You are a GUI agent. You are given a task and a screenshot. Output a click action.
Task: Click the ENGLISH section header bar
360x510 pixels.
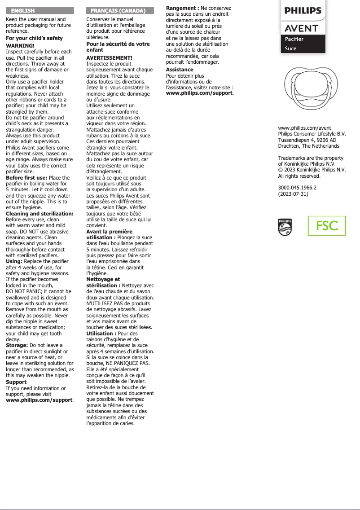point(39,10)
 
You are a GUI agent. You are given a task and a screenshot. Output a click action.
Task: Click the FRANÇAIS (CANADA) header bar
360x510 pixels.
point(119,10)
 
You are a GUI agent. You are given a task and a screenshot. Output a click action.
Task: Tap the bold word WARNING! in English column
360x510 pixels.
point(20,46)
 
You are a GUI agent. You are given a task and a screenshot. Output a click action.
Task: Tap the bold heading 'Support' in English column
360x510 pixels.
point(16,382)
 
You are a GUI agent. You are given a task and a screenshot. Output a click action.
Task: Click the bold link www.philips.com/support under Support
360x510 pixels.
point(39,400)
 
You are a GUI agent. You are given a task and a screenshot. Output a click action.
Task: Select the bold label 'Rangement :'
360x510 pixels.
point(183,9)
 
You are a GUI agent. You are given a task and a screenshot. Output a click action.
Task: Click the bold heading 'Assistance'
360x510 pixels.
point(180,70)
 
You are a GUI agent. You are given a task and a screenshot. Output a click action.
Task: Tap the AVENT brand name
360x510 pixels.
point(302,29)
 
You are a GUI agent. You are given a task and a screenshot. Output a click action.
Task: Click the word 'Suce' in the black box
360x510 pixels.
point(291,48)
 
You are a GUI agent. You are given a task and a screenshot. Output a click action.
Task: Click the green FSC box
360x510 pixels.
point(327,225)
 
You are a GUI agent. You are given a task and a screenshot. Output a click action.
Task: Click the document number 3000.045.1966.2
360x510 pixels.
point(298,188)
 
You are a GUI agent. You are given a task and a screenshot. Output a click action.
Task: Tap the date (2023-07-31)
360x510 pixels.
point(293,194)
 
